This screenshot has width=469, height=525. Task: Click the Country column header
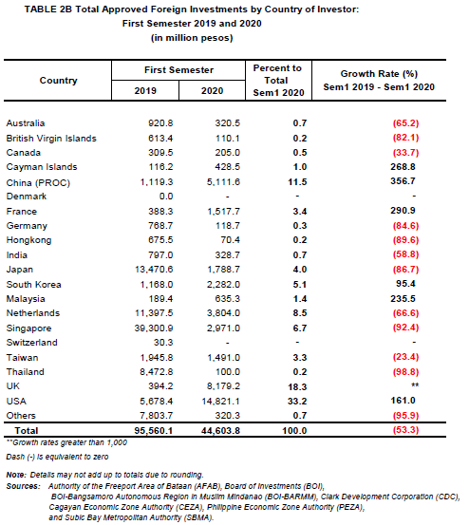[x=59, y=81]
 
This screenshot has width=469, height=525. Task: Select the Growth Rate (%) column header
[x=379, y=74]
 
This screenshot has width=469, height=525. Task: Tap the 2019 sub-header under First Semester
[x=145, y=91]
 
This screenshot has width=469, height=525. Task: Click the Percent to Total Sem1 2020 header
[x=278, y=81]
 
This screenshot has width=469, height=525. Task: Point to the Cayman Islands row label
[x=42, y=167]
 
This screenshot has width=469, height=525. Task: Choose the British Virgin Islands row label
[x=51, y=139]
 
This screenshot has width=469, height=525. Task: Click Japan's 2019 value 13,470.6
[x=154, y=270]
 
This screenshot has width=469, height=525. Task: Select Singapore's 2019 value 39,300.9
[x=154, y=328]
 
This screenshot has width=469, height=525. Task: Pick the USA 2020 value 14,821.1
[x=220, y=402]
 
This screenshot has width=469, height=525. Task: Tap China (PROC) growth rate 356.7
[x=403, y=181]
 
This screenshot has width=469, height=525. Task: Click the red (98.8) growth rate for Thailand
[x=405, y=371]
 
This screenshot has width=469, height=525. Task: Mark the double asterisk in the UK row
[x=415, y=385]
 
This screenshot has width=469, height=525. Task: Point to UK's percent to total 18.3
[x=297, y=387]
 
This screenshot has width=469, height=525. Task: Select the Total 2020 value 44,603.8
[x=220, y=431]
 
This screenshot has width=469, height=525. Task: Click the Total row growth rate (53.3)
[x=405, y=429]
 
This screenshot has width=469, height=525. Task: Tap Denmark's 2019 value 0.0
[x=166, y=197]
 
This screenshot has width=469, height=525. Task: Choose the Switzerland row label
[x=31, y=343]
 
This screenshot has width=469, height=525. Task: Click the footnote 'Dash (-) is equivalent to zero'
[x=57, y=457]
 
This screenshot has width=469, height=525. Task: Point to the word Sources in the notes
[x=24, y=486]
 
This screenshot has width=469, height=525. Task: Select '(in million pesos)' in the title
[x=192, y=38]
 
